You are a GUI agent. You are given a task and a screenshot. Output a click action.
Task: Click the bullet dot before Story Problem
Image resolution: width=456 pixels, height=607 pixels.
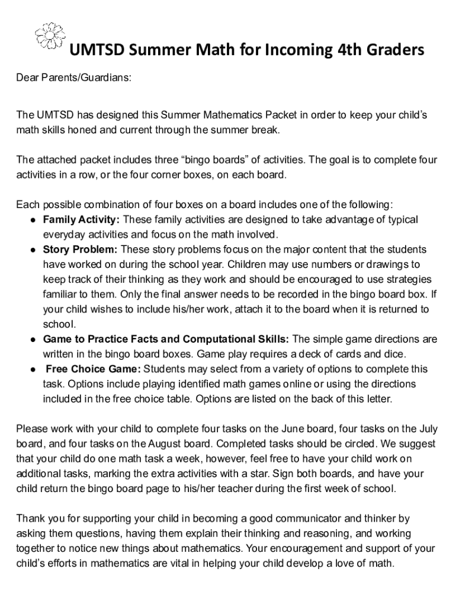click(33, 250)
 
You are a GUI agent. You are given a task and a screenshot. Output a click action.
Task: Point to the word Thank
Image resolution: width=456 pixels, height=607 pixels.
click(29, 519)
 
